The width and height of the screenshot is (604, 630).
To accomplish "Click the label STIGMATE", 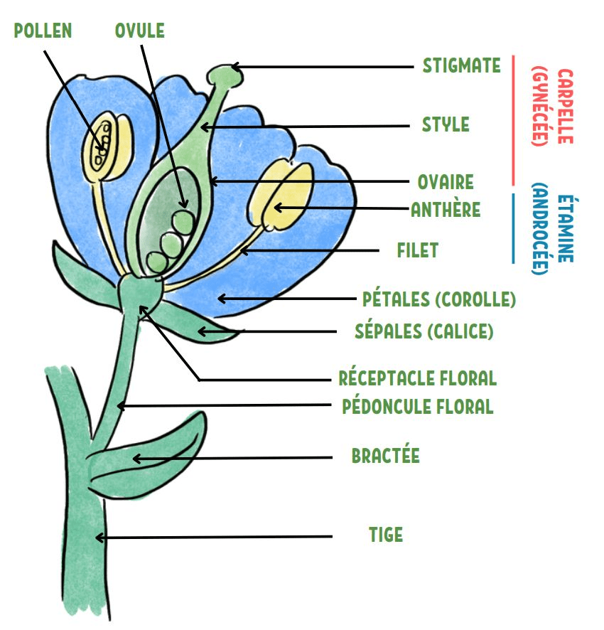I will pyautogui.click(x=461, y=66).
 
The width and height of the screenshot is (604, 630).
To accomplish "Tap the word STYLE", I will pyautogui.click(x=446, y=124).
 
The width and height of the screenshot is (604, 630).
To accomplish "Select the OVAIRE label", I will pyautogui.click(x=445, y=182).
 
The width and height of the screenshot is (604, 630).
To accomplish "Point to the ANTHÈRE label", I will pyautogui.click(x=446, y=210).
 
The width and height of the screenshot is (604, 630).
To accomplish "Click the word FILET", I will pyautogui.click(x=417, y=250).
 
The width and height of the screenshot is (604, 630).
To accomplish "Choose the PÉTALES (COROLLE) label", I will pyautogui.click(x=438, y=299).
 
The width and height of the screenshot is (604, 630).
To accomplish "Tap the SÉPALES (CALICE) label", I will pyautogui.click(x=424, y=331).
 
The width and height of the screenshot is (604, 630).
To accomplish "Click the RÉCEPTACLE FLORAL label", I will pyautogui.click(x=417, y=378).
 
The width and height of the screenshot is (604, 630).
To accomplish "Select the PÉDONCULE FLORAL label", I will pyautogui.click(x=417, y=407).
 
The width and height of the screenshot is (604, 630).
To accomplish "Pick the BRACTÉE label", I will pyautogui.click(x=385, y=456).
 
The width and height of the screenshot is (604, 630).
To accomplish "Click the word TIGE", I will pyautogui.click(x=385, y=535).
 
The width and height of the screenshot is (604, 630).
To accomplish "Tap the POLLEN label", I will pyautogui.click(x=43, y=31).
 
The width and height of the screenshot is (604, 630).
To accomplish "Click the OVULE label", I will pyautogui.click(x=139, y=31).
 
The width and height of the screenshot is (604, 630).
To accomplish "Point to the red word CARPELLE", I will pyautogui.click(x=565, y=107).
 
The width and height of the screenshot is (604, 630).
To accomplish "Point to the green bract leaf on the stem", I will pyautogui.click(x=153, y=459).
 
